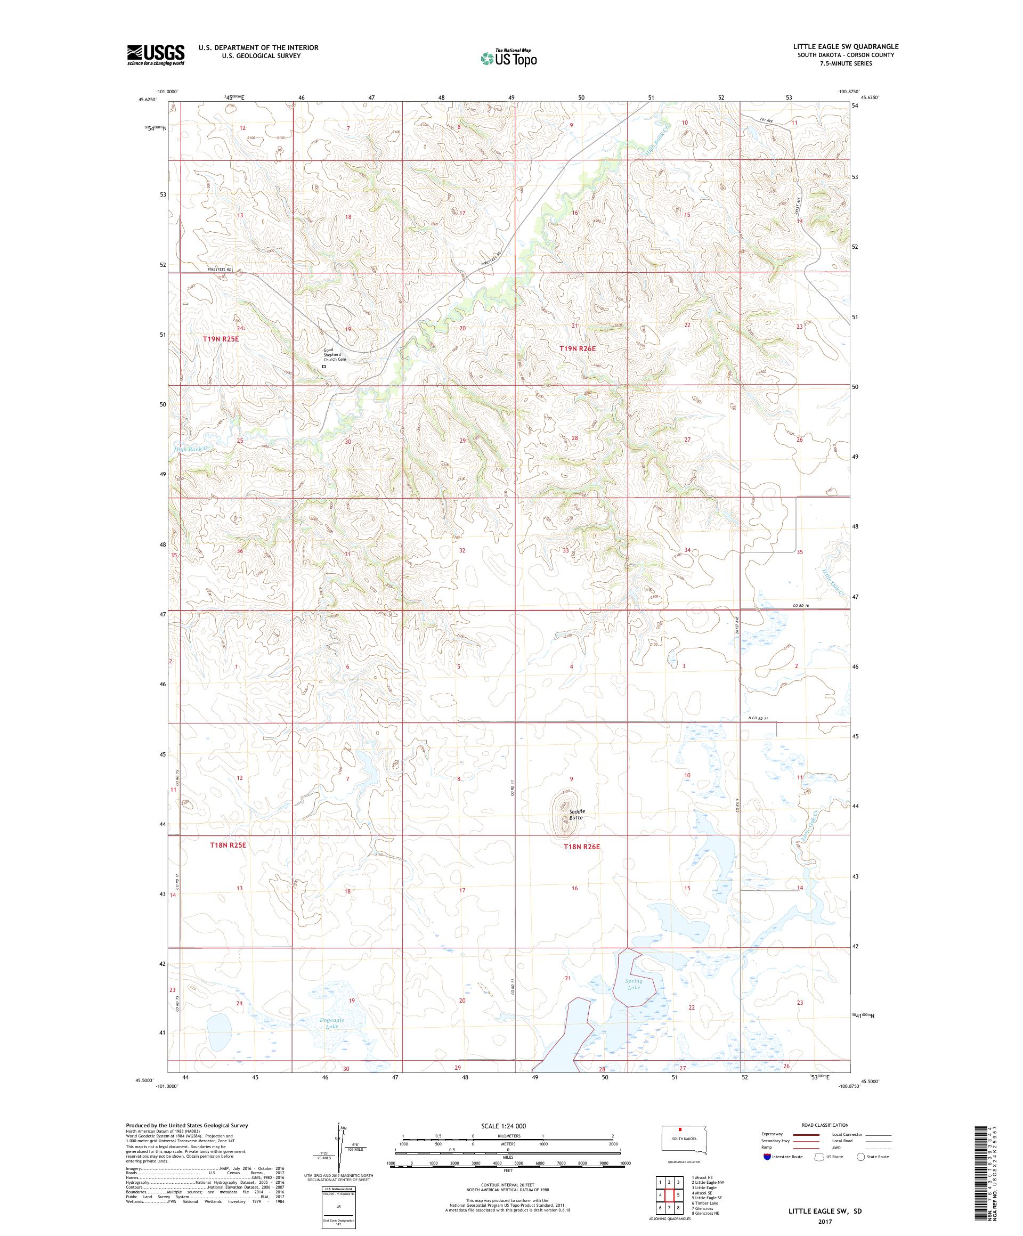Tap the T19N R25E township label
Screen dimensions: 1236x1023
click(x=221, y=339)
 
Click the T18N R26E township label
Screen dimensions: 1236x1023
click(x=581, y=847)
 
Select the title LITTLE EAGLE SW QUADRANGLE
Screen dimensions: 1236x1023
click(x=846, y=46)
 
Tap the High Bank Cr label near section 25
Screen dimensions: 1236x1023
click(x=191, y=450)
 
